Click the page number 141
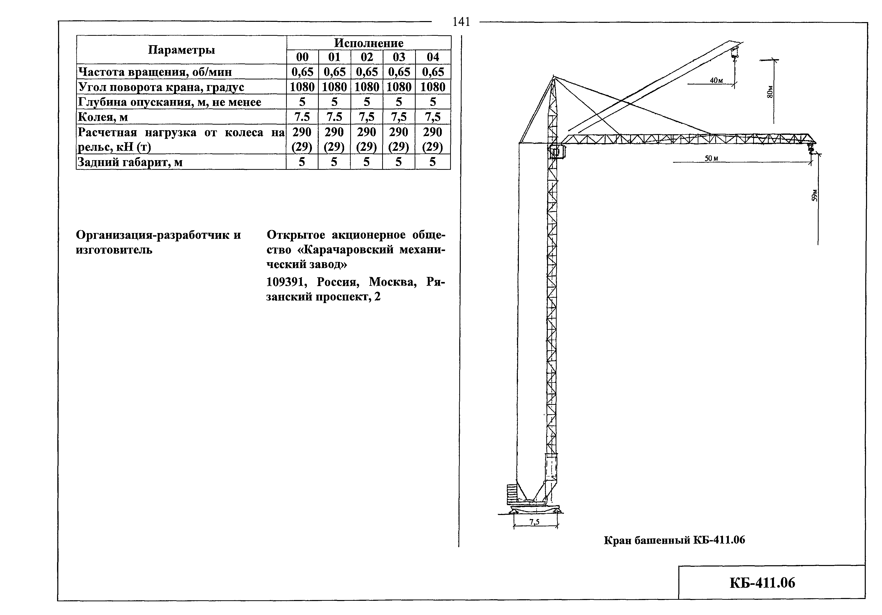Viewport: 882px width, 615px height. [461, 22]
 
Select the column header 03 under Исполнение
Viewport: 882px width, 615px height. [399, 57]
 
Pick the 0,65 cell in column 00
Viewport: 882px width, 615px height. [302, 72]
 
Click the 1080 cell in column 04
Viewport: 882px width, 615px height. [433, 87]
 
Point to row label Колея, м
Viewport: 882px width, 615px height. [103, 117]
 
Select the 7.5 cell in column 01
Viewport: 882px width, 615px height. [334, 117]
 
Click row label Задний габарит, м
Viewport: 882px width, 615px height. [130, 162]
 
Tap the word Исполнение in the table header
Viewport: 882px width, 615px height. [368, 43]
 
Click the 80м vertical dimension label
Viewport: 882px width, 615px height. [769, 91]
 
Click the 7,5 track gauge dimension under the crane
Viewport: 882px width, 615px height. [534, 522]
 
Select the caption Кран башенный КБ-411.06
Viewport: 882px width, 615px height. [674, 540]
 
